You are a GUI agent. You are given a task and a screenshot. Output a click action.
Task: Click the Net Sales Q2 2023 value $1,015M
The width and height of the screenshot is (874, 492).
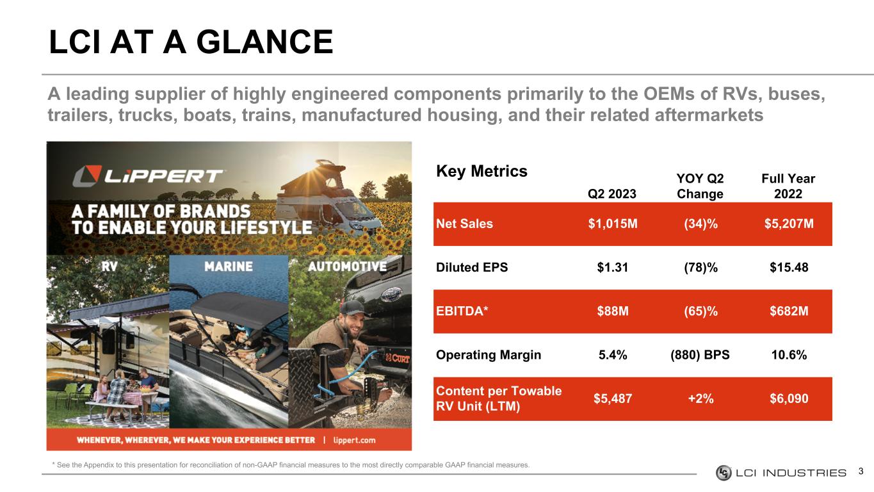[x=613, y=224]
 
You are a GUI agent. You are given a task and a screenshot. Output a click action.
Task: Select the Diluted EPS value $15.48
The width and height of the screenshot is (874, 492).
[x=789, y=268]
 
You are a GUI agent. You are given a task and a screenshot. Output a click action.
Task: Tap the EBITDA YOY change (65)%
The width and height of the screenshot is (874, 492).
[x=700, y=311]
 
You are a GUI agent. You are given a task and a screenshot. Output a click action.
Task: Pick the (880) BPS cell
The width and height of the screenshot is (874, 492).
[x=700, y=355]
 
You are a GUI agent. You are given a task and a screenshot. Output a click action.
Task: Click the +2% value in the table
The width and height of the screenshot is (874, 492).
[x=700, y=398]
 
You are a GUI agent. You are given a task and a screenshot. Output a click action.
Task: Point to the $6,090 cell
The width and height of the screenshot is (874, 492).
[x=789, y=398]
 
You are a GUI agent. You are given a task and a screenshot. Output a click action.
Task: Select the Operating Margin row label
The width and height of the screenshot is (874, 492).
[x=489, y=355]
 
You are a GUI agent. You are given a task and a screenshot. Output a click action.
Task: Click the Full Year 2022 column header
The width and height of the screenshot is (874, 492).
[x=788, y=186]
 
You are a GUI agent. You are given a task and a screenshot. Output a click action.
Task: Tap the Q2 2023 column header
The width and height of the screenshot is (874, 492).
[x=612, y=194]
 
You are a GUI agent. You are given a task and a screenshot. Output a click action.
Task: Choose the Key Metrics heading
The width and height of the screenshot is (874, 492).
[x=482, y=172]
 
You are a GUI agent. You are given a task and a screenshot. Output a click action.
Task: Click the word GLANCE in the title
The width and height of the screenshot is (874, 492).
[x=264, y=42]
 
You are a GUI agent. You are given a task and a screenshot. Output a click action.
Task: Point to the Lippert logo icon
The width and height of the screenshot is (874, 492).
[x=87, y=176]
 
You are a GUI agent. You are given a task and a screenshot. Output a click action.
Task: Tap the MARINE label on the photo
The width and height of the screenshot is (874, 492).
[x=229, y=266]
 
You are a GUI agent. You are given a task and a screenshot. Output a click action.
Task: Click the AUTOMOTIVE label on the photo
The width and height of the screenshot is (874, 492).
[x=347, y=266]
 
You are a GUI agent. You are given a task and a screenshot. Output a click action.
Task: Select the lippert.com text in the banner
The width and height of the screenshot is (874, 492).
[x=354, y=441]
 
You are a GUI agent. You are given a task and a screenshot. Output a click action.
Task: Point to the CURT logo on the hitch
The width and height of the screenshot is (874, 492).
[x=398, y=357]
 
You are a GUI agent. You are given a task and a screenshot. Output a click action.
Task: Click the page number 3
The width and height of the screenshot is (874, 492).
[x=861, y=471]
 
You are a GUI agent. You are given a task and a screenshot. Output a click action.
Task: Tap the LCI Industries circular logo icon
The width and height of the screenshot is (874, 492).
[x=724, y=473]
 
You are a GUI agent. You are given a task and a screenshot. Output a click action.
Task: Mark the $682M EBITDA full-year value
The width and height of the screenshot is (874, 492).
[x=789, y=311]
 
